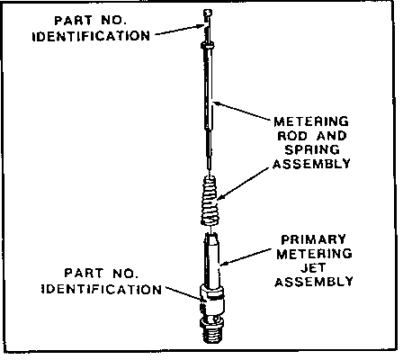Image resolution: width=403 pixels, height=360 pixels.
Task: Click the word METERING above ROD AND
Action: point(311,121)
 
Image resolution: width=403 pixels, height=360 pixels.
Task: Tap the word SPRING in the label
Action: point(312,149)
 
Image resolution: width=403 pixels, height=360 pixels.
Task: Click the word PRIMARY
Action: point(313,239)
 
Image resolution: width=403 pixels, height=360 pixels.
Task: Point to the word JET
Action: point(313,267)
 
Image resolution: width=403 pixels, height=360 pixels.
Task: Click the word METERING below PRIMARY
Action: point(314,254)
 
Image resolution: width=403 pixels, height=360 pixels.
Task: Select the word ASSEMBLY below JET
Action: point(314,282)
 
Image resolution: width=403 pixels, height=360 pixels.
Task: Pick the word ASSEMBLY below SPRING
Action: point(312,164)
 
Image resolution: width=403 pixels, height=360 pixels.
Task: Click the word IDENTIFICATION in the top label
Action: point(91,36)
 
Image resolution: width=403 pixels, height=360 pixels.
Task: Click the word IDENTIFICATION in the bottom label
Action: point(102,290)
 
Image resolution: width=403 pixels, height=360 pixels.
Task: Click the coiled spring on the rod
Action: point(210,201)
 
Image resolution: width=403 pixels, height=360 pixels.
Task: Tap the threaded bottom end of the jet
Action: point(212,332)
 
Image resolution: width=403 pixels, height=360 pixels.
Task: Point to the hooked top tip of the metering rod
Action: point(208,13)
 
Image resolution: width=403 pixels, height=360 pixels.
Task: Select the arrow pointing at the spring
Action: point(243,184)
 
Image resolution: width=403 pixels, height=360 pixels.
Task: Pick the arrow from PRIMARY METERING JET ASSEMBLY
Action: point(246,256)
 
